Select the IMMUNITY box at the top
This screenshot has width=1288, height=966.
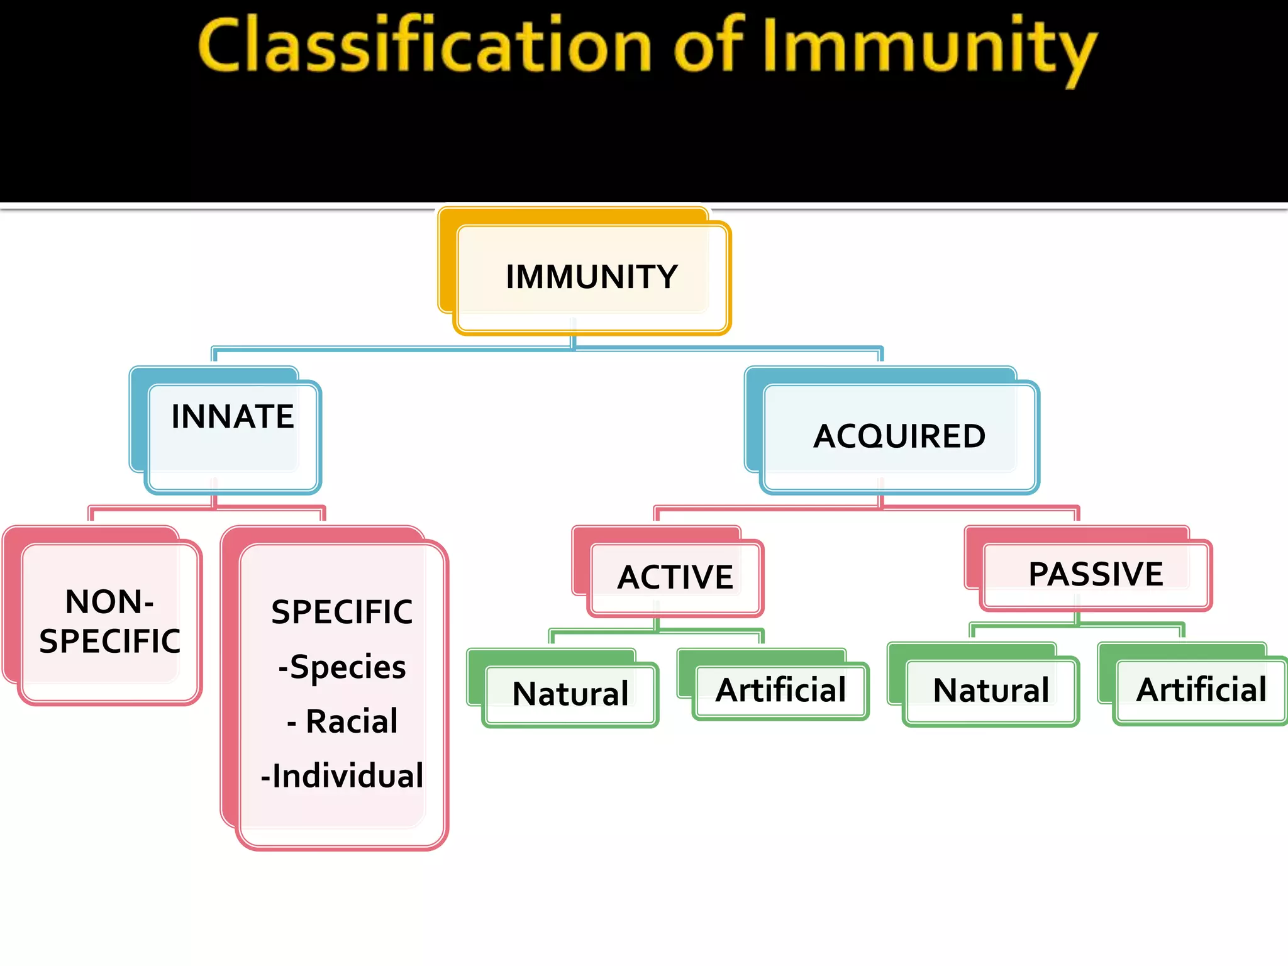click(x=591, y=277)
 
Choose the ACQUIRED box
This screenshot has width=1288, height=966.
click(x=899, y=436)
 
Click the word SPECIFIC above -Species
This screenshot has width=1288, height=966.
click(x=342, y=612)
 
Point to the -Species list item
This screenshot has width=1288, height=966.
click(x=342, y=667)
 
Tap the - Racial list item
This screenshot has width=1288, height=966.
click(x=342, y=721)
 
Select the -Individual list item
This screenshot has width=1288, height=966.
click(x=342, y=775)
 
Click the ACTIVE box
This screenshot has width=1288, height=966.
click(x=675, y=577)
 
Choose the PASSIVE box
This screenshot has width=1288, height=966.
click(x=1096, y=574)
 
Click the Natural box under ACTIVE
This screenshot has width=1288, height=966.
click(x=570, y=694)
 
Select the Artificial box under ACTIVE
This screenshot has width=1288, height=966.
click(x=781, y=690)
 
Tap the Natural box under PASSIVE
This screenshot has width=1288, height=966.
click(x=991, y=690)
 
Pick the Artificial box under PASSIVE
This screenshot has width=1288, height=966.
click(x=1201, y=689)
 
